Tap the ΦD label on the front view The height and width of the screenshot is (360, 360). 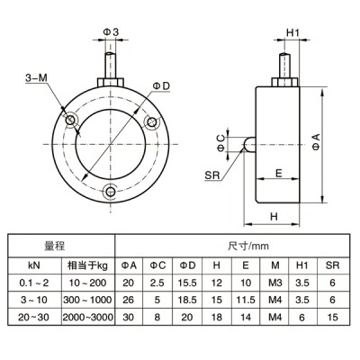click(x=160, y=85)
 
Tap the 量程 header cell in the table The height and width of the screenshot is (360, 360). click(x=56, y=244)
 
